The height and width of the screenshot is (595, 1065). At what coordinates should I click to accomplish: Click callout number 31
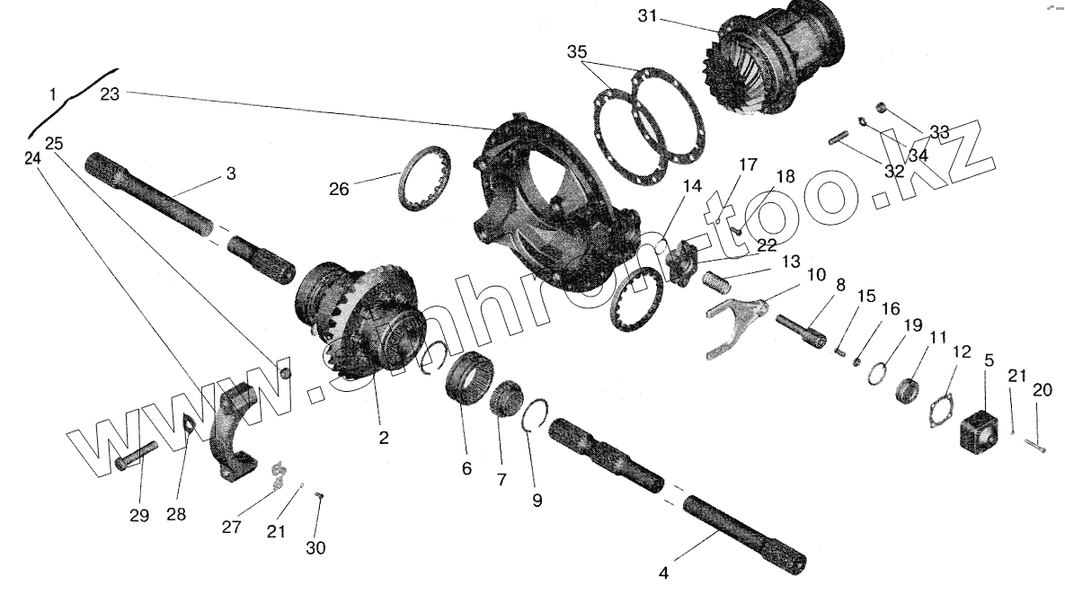(648, 16)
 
